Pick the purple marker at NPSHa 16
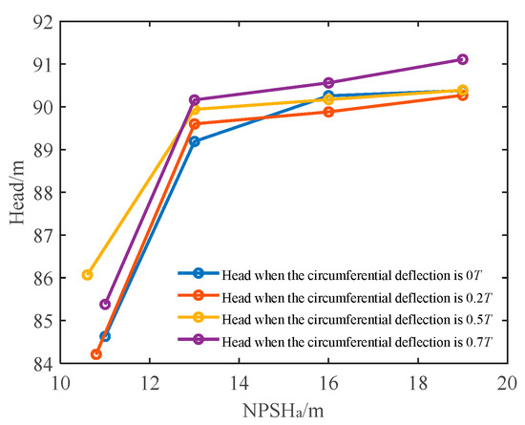[x=328, y=83]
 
